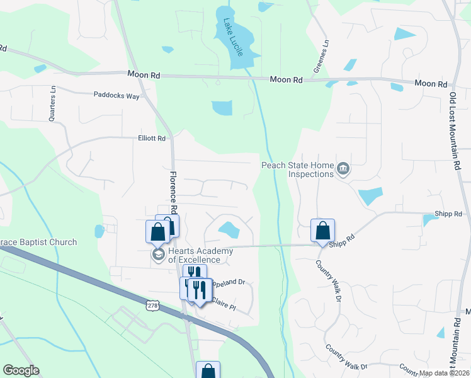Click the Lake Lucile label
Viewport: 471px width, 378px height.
tap(232, 38)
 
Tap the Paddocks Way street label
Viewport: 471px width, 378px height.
tap(116, 95)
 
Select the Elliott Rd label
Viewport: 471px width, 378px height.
tap(152, 138)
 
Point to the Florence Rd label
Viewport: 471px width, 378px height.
tap(173, 192)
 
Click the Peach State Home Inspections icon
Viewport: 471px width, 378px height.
tap(343, 169)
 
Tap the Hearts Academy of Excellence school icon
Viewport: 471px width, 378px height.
tap(157, 255)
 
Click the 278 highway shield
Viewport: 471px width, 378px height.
tap(152, 306)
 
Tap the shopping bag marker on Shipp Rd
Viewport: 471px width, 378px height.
tap(322, 231)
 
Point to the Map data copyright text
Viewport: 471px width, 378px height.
tap(444, 373)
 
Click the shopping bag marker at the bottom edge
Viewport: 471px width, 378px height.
tap(208, 370)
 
